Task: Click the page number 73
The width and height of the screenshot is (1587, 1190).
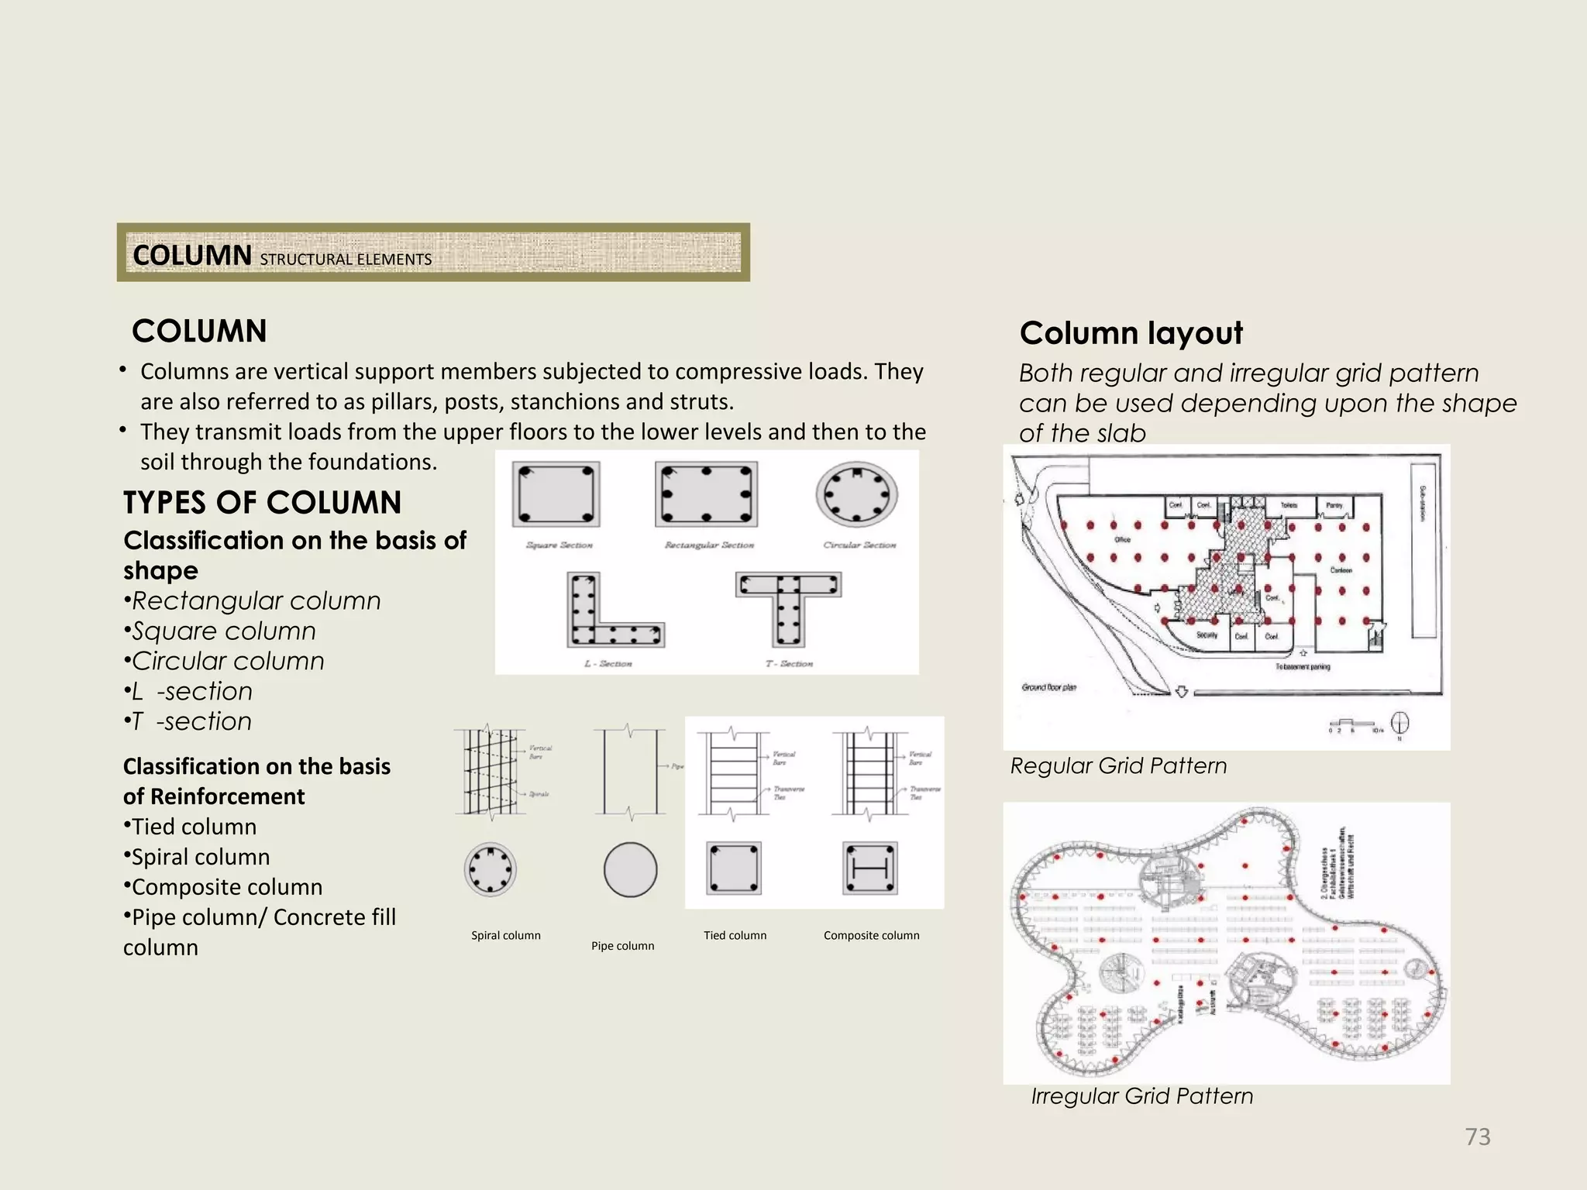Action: point(1477,1137)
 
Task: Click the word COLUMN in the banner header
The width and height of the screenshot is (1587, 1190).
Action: point(192,255)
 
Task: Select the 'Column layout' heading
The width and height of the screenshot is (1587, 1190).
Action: point(1131,333)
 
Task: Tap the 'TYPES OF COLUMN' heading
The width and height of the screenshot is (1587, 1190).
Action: point(262,502)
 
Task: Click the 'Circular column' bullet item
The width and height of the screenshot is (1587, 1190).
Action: point(228,661)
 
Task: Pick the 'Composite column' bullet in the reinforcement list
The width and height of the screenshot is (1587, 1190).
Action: point(226,886)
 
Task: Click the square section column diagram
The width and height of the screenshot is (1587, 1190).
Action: point(556,494)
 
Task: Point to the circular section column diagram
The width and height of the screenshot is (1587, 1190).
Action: point(856,494)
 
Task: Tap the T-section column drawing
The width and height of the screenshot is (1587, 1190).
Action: point(788,608)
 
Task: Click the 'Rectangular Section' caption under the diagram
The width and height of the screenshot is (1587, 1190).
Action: point(709,545)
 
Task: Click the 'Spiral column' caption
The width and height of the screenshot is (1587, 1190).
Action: point(505,935)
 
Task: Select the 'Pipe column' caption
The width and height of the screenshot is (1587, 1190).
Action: point(622,946)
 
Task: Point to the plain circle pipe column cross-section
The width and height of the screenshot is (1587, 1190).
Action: point(630,869)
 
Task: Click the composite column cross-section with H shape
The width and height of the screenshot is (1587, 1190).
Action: point(870,868)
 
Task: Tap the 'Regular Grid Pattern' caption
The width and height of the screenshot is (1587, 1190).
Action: point(1118,765)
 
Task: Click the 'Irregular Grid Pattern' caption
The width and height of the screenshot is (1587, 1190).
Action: point(1141,1096)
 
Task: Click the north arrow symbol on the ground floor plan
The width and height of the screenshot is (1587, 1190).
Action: point(1399,724)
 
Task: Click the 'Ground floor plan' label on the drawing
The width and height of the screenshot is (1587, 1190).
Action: point(1048,687)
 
